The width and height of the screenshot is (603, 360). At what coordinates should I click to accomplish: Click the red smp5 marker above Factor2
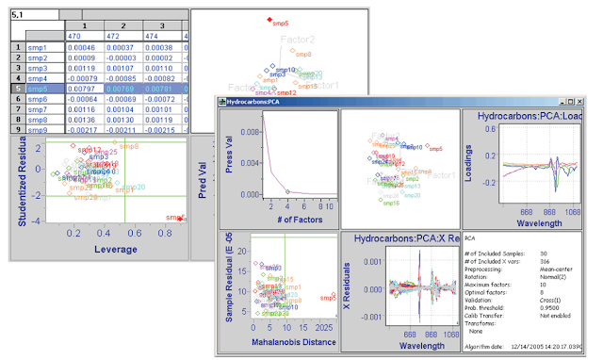click(269, 19)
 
